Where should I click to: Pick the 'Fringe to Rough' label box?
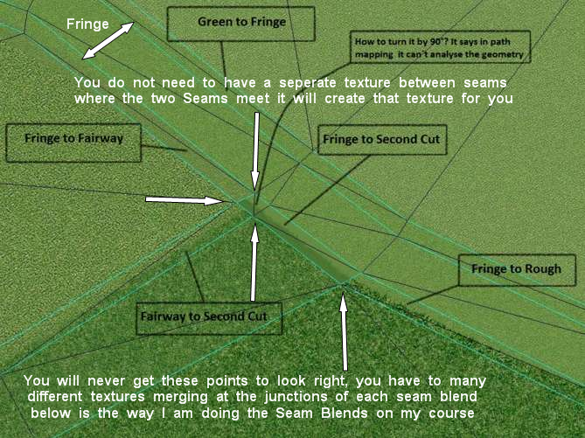point(516,270)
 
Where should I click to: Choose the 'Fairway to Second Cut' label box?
point(209,316)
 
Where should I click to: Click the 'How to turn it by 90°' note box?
point(439,48)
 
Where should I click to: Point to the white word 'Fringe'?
point(87,24)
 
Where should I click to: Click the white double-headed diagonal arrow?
point(109,40)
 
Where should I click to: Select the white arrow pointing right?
point(185,200)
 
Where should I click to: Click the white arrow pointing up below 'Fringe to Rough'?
point(344,332)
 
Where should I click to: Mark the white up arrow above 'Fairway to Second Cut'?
point(255,262)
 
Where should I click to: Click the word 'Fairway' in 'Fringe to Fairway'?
point(102,137)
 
